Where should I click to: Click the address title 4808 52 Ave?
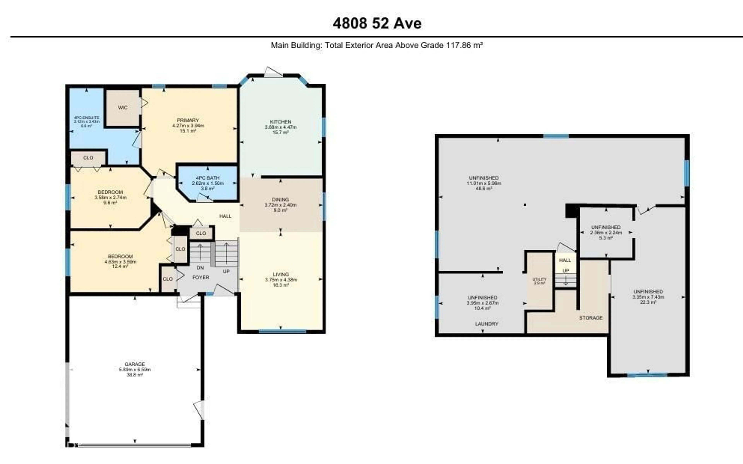[377, 23]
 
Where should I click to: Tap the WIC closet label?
[123, 107]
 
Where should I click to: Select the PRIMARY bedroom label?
[188, 120]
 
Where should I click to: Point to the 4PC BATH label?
[208, 178]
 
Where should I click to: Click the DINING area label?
[280, 200]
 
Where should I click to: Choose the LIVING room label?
[281, 274]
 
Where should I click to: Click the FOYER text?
[201, 277]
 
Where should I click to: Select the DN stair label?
[200, 268]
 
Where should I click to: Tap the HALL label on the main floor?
[225, 216]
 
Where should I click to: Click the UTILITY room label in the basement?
[539, 279]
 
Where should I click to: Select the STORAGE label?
[591, 318]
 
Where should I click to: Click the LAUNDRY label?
[487, 324]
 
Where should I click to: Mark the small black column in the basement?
[525, 205]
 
